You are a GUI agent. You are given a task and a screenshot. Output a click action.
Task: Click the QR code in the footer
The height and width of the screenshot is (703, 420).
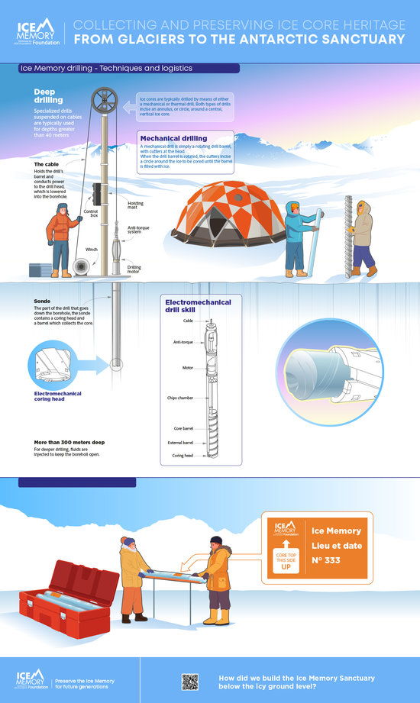click(189, 682)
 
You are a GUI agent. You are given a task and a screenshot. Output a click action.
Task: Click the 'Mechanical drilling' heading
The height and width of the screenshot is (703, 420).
click(173, 139)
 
